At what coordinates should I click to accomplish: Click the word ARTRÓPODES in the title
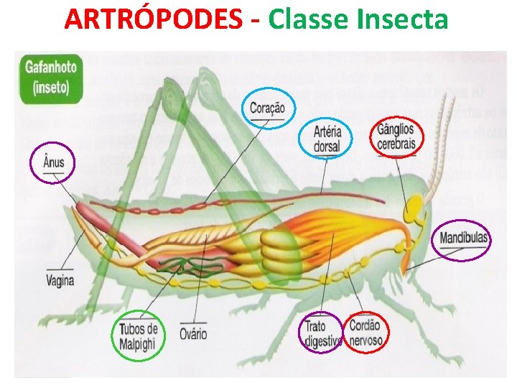click(x=152, y=19)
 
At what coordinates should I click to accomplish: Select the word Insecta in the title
click(x=404, y=19)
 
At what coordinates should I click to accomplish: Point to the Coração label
click(x=267, y=108)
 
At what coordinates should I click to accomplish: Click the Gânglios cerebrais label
click(x=397, y=137)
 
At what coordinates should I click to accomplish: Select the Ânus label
click(x=54, y=162)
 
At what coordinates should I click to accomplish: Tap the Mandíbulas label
click(x=461, y=238)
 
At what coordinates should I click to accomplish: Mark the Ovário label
click(x=194, y=333)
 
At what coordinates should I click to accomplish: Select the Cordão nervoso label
click(x=365, y=332)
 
